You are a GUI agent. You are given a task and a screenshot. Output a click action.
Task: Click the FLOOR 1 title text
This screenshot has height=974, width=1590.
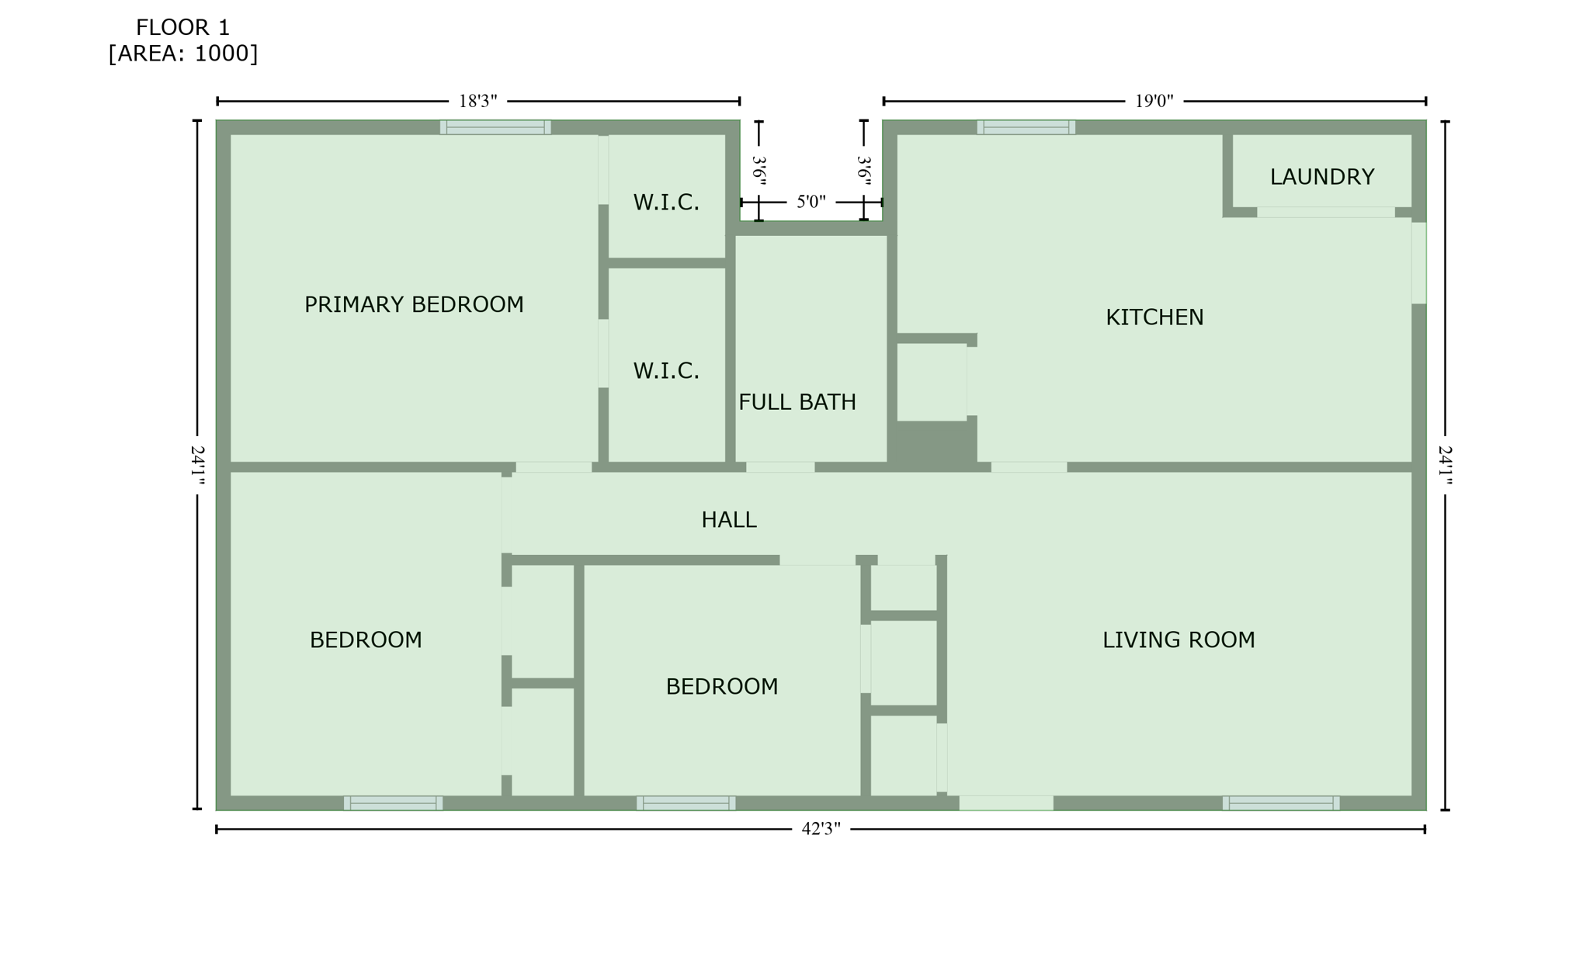(x=182, y=28)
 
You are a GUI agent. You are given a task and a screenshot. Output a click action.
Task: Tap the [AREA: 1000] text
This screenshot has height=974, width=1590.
(x=182, y=54)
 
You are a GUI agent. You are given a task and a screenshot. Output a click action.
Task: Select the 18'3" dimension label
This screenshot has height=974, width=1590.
(x=477, y=101)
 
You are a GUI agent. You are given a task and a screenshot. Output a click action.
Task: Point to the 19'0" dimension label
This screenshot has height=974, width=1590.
(x=1154, y=101)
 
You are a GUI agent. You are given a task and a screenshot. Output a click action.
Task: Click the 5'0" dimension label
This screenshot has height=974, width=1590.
(x=811, y=203)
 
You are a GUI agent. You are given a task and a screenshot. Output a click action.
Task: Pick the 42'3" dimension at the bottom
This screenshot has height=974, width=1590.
(x=821, y=829)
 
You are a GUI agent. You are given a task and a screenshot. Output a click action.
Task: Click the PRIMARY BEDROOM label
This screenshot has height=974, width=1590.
(x=414, y=305)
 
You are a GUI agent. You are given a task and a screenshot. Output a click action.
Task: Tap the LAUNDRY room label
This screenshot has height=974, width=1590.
(x=1321, y=177)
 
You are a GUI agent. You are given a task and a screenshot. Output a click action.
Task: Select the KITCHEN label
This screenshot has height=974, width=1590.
(x=1154, y=317)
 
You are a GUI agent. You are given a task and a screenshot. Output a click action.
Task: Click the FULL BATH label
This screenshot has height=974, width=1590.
(x=797, y=402)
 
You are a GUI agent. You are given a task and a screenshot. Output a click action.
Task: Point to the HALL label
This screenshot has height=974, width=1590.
(x=728, y=520)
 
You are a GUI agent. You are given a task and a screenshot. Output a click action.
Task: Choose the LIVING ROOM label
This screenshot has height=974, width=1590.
(x=1178, y=640)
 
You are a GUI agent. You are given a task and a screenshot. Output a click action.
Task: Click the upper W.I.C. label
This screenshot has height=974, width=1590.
(x=666, y=203)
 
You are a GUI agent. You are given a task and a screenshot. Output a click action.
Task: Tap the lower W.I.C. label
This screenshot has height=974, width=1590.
(x=666, y=371)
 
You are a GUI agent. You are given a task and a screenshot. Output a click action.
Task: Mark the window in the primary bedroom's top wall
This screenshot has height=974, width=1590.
(x=495, y=127)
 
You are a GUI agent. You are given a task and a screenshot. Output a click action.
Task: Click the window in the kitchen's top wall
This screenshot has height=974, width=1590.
(x=1026, y=127)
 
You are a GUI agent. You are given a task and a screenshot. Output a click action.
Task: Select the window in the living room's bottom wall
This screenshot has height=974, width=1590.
(x=1280, y=803)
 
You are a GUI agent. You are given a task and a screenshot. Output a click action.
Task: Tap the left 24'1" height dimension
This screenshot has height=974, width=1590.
(x=197, y=466)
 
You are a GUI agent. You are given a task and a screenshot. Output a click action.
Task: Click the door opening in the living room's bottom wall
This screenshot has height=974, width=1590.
(x=1006, y=803)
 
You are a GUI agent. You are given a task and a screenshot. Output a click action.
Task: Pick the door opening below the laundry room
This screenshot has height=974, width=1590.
(x=1325, y=213)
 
